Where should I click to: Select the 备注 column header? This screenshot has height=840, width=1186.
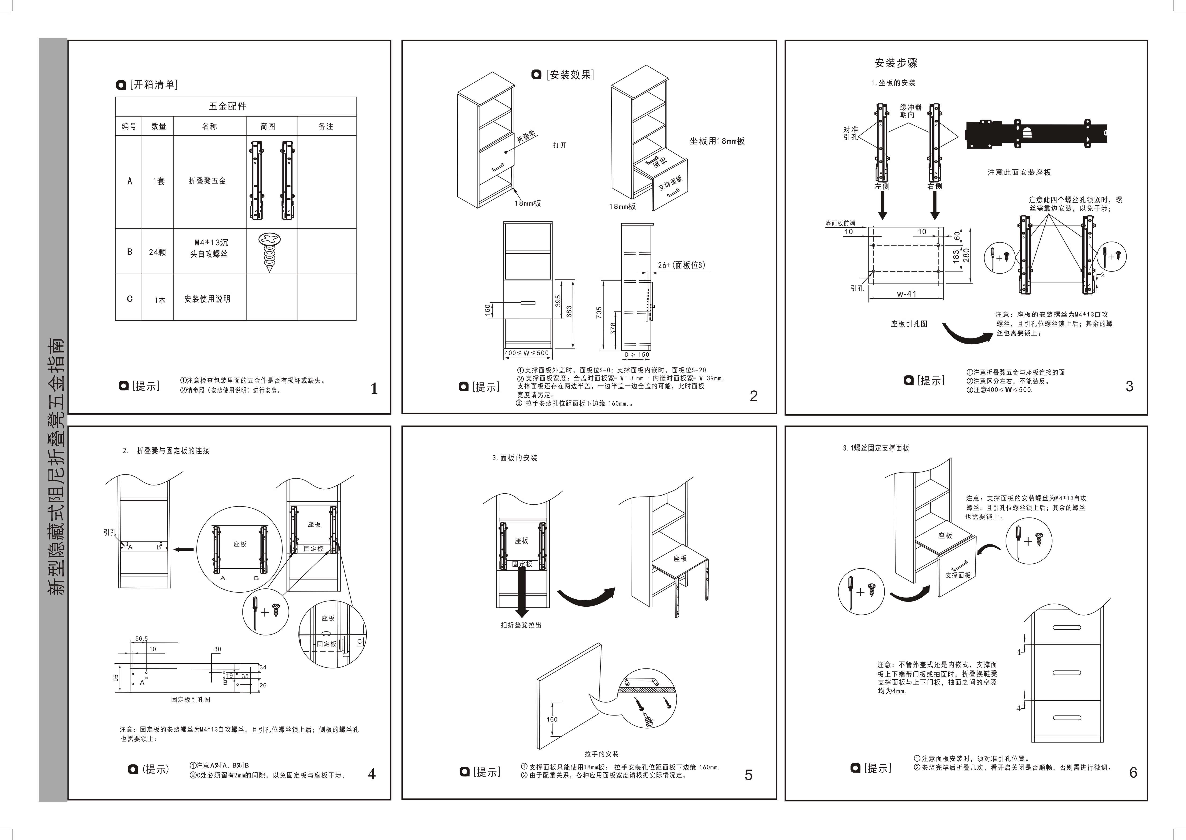326,126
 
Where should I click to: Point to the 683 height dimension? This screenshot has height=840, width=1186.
569,312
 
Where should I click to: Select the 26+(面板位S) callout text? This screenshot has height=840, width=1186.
681,265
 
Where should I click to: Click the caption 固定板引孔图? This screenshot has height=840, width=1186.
191,699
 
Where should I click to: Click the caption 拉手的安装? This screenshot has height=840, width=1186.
601,754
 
